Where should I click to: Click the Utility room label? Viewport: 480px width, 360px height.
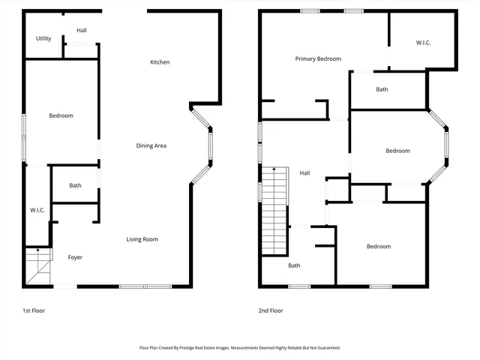(x=43, y=38)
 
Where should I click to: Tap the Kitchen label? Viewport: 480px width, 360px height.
(x=160, y=62)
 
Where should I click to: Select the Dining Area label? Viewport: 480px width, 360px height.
(x=151, y=145)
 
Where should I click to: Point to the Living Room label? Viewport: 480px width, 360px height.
(x=142, y=239)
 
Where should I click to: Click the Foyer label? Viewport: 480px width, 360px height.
(x=75, y=257)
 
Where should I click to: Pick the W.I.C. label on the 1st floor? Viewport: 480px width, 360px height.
(x=37, y=210)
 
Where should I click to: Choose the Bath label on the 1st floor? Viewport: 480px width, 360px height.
(x=75, y=185)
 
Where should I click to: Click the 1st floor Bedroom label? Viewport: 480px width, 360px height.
(x=61, y=115)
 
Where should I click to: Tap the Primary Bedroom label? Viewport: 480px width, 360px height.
(x=318, y=58)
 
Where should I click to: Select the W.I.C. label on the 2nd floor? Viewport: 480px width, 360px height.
(x=423, y=43)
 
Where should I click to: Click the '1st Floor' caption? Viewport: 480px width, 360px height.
(x=34, y=310)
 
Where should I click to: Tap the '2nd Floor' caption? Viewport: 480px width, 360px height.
(x=271, y=310)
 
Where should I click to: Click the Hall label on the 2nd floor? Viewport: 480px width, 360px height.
(x=304, y=173)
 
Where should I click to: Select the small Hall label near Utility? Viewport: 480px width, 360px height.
(x=81, y=30)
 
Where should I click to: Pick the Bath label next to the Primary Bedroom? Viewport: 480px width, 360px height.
(x=382, y=90)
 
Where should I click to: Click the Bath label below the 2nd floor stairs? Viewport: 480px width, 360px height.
(x=294, y=265)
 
